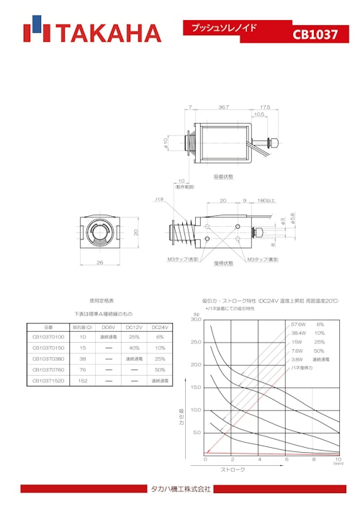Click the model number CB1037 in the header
tap(315, 35)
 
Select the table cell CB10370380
tap(49, 359)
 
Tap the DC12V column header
tap(133, 326)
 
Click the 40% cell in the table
tap(133, 348)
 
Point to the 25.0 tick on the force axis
tap(195, 342)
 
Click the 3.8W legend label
tap(297, 359)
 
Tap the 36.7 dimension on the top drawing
tap(223, 107)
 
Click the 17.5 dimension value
tap(265, 107)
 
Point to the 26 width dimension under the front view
tap(99, 262)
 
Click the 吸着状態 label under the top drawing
tap(222, 176)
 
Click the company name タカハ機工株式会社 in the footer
tap(180, 489)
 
